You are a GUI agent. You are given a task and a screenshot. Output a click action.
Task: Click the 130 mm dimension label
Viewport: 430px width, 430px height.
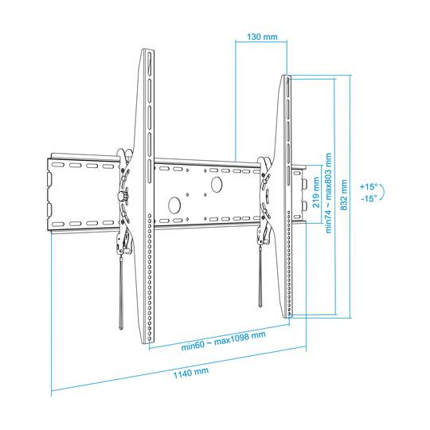pyautogui.click(x=262, y=37)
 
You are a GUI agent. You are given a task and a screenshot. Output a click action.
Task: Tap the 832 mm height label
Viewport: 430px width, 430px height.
pyautogui.click(x=344, y=195)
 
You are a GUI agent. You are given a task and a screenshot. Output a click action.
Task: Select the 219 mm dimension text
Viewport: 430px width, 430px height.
pyautogui.click(x=316, y=192)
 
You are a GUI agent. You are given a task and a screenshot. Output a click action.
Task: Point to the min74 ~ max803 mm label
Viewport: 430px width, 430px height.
pyautogui.click(x=328, y=193)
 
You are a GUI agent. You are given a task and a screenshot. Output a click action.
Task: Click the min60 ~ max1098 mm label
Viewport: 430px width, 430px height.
pyautogui.click(x=223, y=341)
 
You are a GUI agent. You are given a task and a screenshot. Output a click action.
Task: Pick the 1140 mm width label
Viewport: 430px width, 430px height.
pyautogui.click(x=191, y=373)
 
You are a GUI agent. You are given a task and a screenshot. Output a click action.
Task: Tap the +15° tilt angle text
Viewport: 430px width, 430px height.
pyautogui.click(x=369, y=187)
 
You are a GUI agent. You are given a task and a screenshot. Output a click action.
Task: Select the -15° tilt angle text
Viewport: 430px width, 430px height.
pyautogui.click(x=369, y=198)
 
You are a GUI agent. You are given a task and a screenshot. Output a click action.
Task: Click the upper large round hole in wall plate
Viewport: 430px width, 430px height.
pyautogui.click(x=217, y=184)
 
